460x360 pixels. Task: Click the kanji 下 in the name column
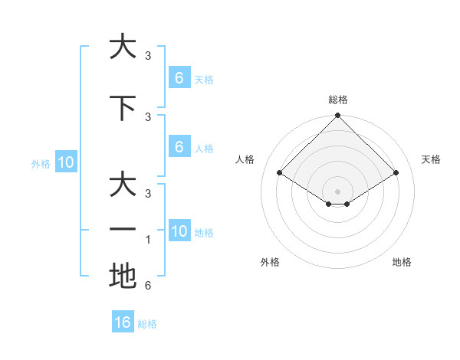pos(123,108)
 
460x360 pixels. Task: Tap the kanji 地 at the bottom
pos(123,276)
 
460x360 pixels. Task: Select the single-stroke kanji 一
pos(123,229)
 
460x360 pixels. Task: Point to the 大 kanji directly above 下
pos(123,47)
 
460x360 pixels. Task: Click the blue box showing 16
pos(123,322)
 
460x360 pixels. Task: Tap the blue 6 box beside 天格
pos(179,78)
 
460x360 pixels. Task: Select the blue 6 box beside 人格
pos(179,147)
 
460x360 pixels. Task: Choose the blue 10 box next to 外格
pos(66,162)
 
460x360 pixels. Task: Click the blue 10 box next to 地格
pos(179,231)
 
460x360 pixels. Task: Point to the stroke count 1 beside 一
pos(148,240)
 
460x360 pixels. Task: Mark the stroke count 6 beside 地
pos(148,286)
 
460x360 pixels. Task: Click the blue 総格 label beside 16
pos(147,324)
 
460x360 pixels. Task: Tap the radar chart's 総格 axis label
pos(337,100)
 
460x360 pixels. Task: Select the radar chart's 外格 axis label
pos(270,262)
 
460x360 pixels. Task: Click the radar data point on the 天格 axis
pos(396,173)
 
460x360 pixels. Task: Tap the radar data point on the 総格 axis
pos(337,116)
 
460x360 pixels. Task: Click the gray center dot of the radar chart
pos(337,191)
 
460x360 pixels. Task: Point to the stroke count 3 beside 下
pos(148,116)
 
